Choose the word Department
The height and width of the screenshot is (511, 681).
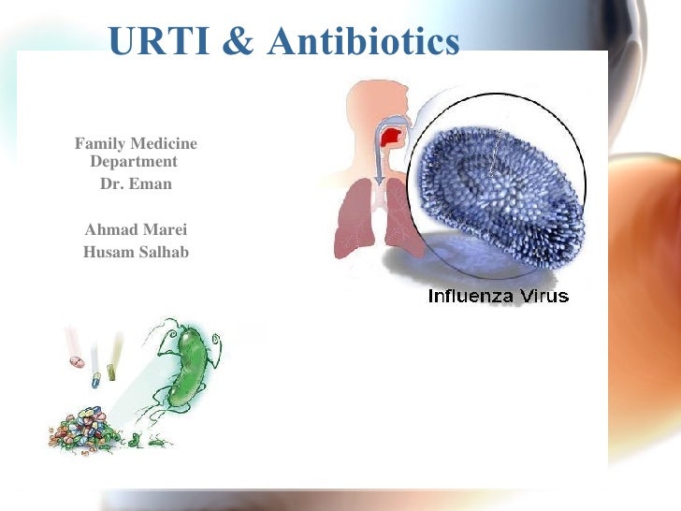tap(134, 161)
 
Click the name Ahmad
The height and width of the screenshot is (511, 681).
tap(109, 230)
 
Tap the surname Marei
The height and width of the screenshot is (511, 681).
tap(163, 230)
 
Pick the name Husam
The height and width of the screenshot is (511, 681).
tap(108, 252)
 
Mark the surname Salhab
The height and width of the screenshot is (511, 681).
tap(163, 252)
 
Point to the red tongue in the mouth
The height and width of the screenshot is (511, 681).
tap(392, 139)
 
